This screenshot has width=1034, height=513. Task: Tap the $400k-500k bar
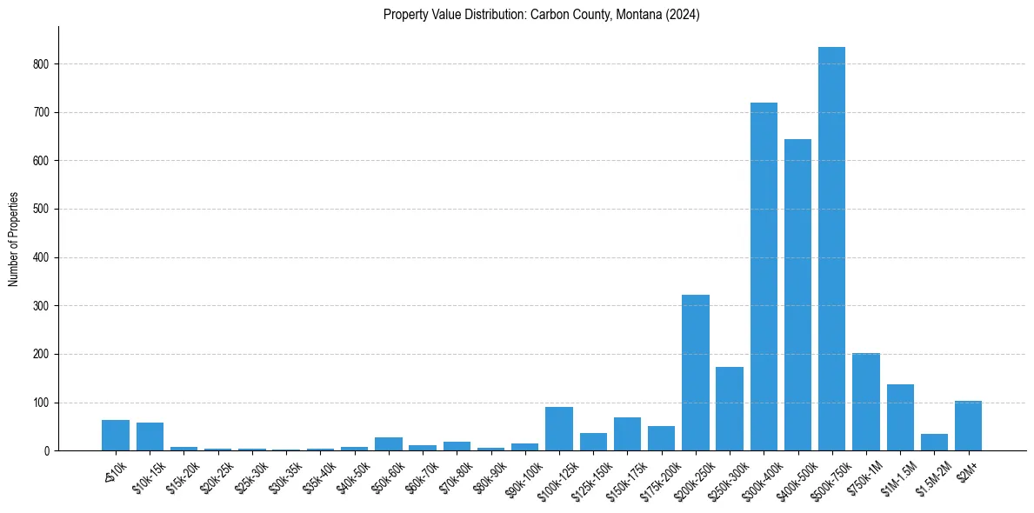click(x=797, y=296)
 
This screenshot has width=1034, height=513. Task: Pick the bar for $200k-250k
click(x=695, y=373)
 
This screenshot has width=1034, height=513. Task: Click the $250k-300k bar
click(x=730, y=409)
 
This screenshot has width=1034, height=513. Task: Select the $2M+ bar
click(x=968, y=426)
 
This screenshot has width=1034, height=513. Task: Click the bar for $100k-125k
click(x=559, y=430)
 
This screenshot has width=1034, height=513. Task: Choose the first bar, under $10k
click(x=116, y=436)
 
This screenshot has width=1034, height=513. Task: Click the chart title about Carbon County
click(x=541, y=15)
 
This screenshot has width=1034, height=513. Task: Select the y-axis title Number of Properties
click(x=14, y=239)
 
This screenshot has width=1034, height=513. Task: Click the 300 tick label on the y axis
click(x=41, y=306)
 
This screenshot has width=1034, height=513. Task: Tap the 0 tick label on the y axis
click(x=47, y=451)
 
